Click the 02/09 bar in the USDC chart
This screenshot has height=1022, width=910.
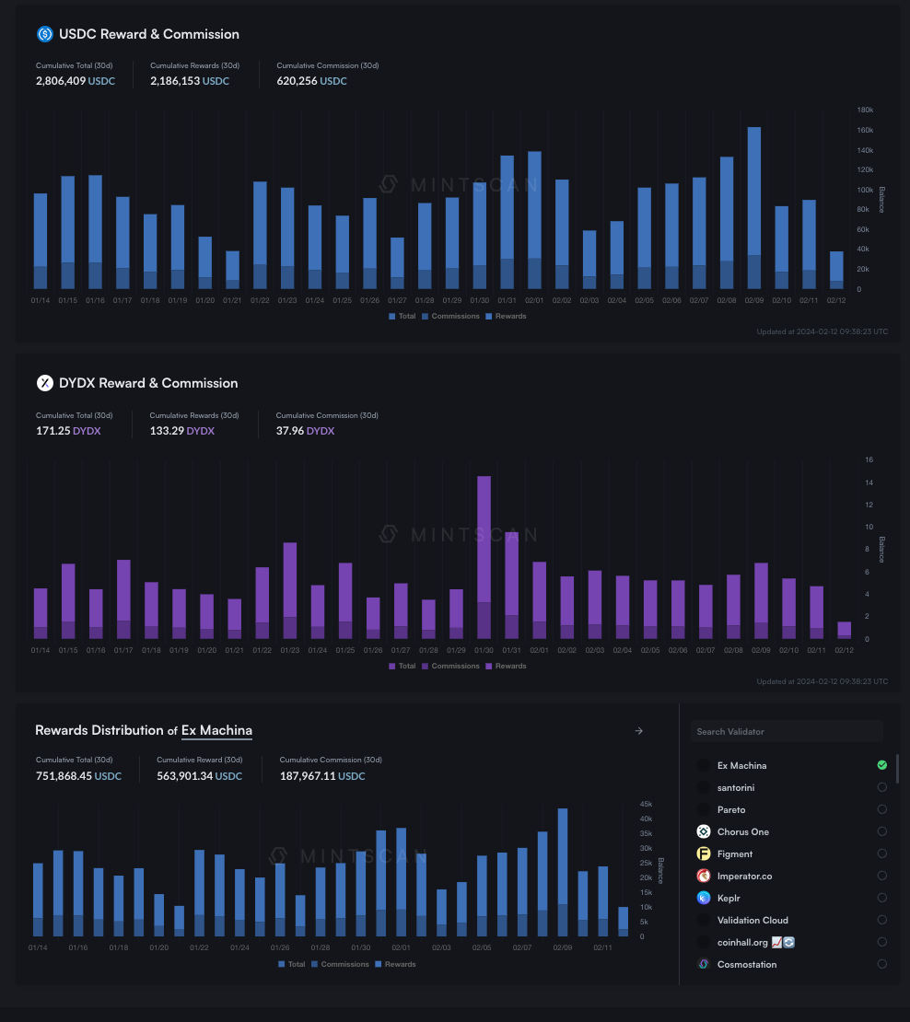tap(753, 207)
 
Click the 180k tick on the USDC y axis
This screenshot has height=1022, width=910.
tap(865, 110)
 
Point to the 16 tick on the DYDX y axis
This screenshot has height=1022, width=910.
tap(869, 459)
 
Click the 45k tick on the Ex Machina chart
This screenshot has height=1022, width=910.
tap(647, 804)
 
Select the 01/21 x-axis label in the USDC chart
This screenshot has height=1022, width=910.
tap(232, 300)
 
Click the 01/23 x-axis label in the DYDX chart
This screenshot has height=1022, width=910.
tap(289, 650)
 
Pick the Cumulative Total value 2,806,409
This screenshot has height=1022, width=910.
tap(61, 81)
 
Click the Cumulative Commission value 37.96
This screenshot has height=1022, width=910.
tap(290, 431)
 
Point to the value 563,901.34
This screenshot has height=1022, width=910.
tap(184, 776)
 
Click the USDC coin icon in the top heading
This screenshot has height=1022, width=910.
tap(45, 34)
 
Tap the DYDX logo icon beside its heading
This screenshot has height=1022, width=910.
tap(45, 383)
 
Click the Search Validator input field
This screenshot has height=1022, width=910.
tap(786, 731)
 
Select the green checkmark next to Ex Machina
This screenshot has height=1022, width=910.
tap(881, 765)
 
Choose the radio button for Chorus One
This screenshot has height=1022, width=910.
tap(881, 831)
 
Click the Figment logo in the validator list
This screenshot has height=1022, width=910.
tap(704, 854)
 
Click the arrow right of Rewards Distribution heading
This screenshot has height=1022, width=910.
tap(639, 731)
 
